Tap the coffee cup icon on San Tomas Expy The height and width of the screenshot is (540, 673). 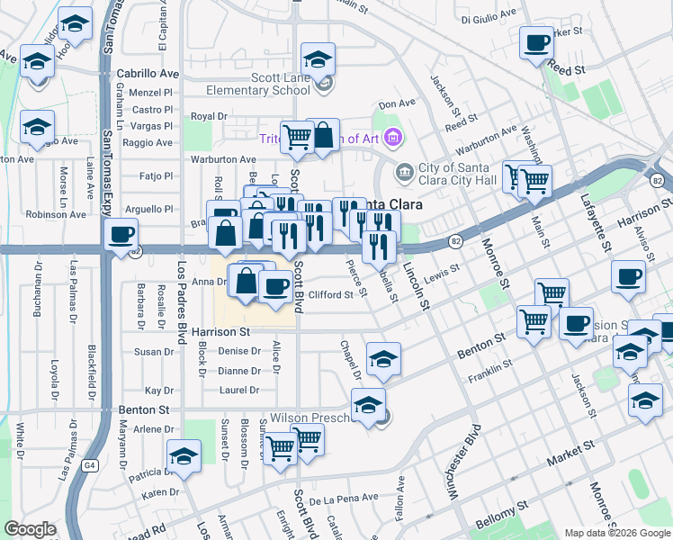(x=121, y=236)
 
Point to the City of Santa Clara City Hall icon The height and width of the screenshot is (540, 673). (x=404, y=170)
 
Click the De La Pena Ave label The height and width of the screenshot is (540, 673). (x=351, y=498)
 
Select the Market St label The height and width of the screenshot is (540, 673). (x=576, y=446)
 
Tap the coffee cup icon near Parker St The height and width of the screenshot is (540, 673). (x=537, y=42)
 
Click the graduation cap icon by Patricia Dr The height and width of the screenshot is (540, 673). (x=184, y=457)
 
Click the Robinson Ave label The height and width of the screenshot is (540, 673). (x=56, y=214)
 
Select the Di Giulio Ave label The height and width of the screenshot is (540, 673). (x=489, y=17)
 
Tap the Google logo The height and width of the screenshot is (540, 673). (x=31, y=529)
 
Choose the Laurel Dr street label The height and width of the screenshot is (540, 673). (x=239, y=390)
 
